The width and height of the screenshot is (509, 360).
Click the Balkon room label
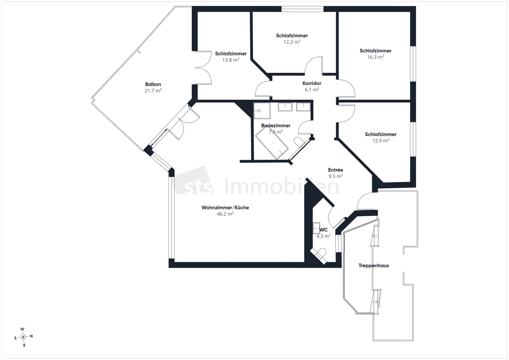153,84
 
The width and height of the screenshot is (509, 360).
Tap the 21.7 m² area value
153,91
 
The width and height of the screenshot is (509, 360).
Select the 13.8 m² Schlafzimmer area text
230,60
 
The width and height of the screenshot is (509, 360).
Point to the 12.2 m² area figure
292,42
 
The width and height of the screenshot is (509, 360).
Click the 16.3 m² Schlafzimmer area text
375,57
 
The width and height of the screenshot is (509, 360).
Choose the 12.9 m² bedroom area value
381,141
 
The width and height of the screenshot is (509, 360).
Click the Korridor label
311,83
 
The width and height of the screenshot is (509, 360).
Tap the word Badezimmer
276,125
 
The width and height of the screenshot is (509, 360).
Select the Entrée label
335,170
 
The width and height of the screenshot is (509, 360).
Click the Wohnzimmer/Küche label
225,208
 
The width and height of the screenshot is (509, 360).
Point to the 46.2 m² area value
225,214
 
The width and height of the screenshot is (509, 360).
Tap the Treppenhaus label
374,266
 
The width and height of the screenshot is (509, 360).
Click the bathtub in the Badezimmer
272,143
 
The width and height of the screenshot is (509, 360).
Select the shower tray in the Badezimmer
262,111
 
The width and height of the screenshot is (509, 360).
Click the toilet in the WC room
319,256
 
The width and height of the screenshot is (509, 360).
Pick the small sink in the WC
316,228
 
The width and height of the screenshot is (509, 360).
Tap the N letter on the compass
31,336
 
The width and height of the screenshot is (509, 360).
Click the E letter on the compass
24,345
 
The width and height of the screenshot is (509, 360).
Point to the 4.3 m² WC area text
323,236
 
